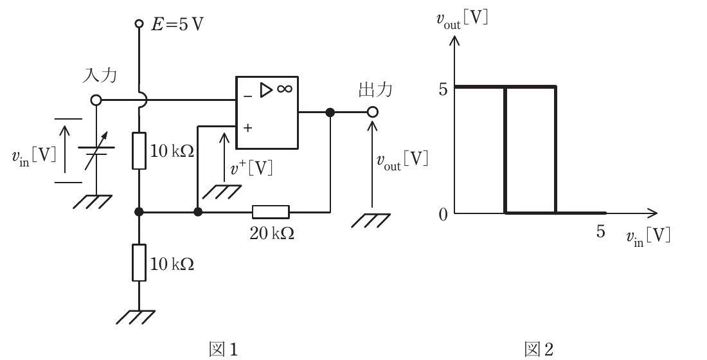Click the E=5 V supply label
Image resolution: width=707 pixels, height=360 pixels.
pos(177,24)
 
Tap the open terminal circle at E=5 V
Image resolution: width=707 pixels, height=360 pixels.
pos(139,23)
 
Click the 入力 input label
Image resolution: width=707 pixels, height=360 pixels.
pos(99,75)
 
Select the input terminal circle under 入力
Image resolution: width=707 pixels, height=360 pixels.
pos(96,100)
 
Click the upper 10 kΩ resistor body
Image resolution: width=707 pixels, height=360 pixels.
pos(139,150)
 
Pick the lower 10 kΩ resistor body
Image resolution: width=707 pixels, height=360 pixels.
pos(139,262)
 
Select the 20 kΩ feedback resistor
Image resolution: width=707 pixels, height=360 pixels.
pos(271,212)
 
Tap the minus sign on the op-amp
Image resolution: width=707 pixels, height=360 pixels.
pos(247,96)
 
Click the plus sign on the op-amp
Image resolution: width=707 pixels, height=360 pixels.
pos(247,128)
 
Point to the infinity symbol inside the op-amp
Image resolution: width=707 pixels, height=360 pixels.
pos(285,89)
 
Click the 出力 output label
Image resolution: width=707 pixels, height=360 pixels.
pos(375,89)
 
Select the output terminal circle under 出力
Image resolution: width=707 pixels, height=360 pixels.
pos(372,112)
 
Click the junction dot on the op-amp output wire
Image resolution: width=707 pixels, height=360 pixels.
pos(330,112)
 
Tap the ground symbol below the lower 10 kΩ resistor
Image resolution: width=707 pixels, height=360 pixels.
pos(136,317)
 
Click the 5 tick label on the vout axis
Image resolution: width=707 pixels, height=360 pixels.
pos(443,90)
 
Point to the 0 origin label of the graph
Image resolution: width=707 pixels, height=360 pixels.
pos(443,214)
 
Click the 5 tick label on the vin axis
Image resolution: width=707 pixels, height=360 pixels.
pos(600,231)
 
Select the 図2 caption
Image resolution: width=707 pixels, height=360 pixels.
pos(539,349)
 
